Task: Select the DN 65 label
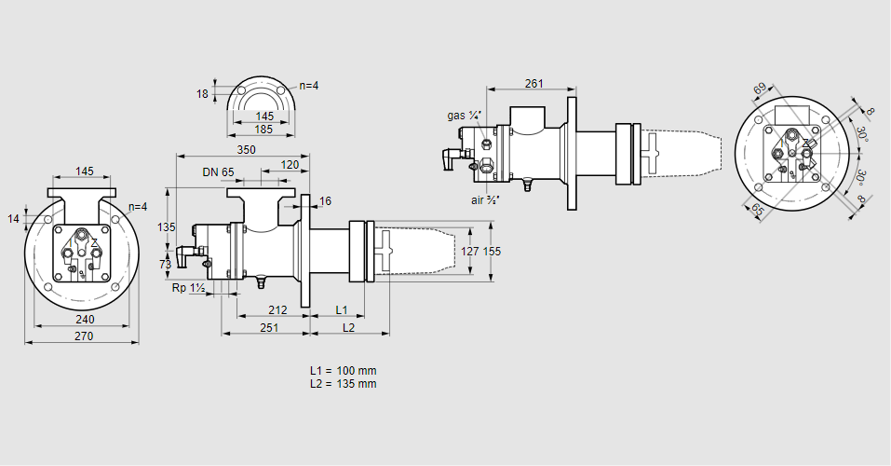(x=218, y=171)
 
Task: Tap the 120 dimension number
(x=290, y=165)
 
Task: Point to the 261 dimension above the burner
(x=533, y=84)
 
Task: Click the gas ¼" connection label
(x=464, y=116)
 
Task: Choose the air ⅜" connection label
(x=486, y=199)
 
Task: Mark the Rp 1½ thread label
(x=188, y=288)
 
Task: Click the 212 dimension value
(x=277, y=309)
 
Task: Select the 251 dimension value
(x=269, y=327)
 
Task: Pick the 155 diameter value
(x=493, y=251)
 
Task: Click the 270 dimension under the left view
(x=84, y=336)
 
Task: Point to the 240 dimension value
(x=84, y=320)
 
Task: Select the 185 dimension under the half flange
(x=263, y=130)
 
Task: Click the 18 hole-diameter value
(x=203, y=93)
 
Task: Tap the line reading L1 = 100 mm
(x=344, y=371)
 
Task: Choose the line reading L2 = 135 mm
(x=344, y=383)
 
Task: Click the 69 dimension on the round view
(x=760, y=89)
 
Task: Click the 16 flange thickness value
(x=325, y=201)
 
